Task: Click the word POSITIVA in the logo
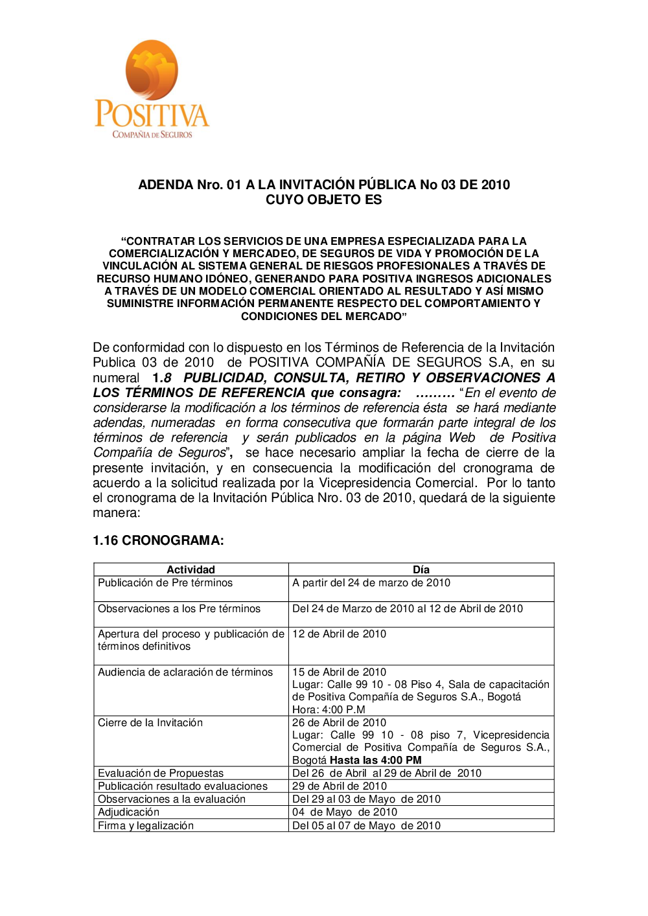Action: pyautogui.click(x=152, y=115)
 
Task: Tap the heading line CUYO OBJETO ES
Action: pyautogui.click(x=323, y=200)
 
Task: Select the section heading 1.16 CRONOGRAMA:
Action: pyautogui.click(x=158, y=541)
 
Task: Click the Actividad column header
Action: pyautogui.click(x=191, y=570)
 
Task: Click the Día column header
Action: pyautogui.click(x=421, y=570)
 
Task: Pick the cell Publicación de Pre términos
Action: pyautogui.click(x=165, y=583)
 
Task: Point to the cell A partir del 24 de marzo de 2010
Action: pyautogui.click(x=371, y=583)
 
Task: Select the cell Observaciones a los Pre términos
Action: pyautogui.click(x=179, y=609)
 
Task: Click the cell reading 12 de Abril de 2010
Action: pyautogui.click(x=339, y=634)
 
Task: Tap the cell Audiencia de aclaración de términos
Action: pyautogui.click(x=185, y=672)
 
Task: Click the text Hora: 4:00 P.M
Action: pyautogui.click(x=329, y=710)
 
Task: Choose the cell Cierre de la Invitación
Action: pyautogui.click(x=150, y=723)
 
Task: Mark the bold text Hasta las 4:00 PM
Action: pyautogui.click(x=376, y=761)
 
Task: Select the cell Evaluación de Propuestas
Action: pyautogui.click(x=161, y=773)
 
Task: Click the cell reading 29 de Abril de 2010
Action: pyautogui.click(x=340, y=786)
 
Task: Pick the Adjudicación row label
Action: pyautogui.click(x=128, y=812)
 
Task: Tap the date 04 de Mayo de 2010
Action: pyautogui.click(x=345, y=812)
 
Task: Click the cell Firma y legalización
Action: pyautogui.click(x=146, y=826)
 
